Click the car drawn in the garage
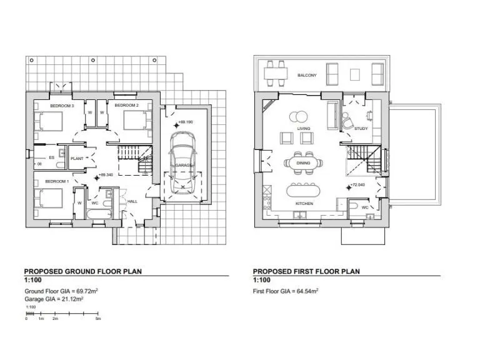pyautogui.click(x=181, y=168)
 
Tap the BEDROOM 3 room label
pyautogui.click(x=62, y=106)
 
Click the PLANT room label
pyautogui.click(x=77, y=159)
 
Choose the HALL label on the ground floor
pyautogui.click(x=132, y=202)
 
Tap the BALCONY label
pyautogui.click(x=307, y=76)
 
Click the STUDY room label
pyautogui.click(x=361, y=129)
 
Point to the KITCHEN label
pyautogui.click(x=304, y=204)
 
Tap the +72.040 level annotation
pyautogui.click(x=357, y=186)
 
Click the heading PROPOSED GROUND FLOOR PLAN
pyautogui.click(x=82, y=272)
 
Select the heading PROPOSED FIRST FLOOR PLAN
pyautogui.click(x=306, y=272)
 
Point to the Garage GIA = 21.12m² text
pyautogui.click(x=54, y=299)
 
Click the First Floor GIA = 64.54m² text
pyautogui.click(x=286, y=291)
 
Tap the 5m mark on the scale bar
pyautogui.click(x=99, y=319)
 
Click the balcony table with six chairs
pyautogui.click(x=276, y=74)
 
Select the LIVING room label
pyautogui.click(x=304, y=129)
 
